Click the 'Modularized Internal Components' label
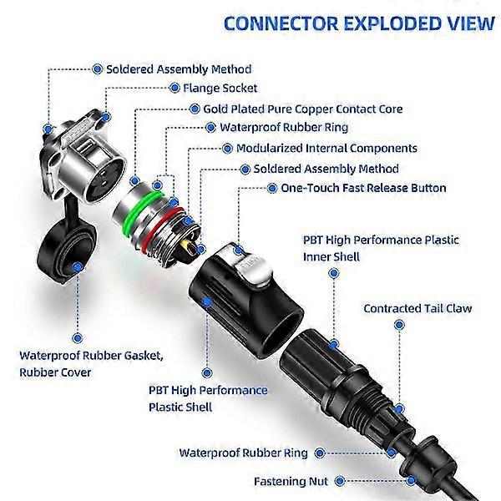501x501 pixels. click(326, 148)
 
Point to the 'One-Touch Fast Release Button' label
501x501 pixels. click(357, 188)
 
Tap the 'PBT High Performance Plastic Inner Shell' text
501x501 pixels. click(381, 248)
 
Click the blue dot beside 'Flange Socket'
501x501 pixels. click(176, 87)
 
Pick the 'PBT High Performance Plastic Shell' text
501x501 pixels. click(208, 398)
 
